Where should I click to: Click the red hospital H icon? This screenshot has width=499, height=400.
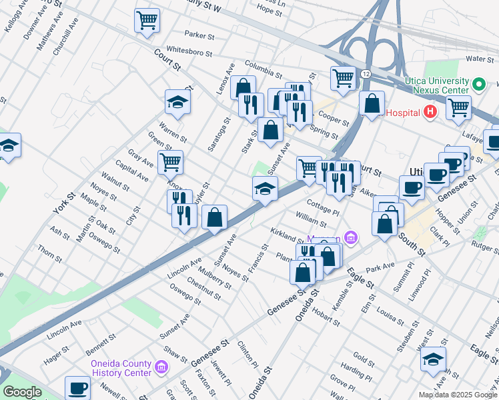click(x=430, y=111)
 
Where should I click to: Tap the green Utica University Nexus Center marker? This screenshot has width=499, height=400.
click(x=478, y=85)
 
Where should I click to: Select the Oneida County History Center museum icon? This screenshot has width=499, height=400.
click(x=161, y=367)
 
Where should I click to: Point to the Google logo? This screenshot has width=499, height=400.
click(x=22, y=392)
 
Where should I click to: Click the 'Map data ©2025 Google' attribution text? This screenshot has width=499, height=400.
click(x=458, y=395)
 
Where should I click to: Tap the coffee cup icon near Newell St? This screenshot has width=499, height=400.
click(x=77, y=387)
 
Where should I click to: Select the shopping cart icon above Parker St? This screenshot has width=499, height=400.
click(x=147, y=19)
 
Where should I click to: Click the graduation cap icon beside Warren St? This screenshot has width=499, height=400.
click(x=178, y=101)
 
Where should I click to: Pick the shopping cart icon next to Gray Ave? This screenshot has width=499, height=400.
click(x=170, y=161)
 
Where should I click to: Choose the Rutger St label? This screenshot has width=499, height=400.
click(x=485, y=247)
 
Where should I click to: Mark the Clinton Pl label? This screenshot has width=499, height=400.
click(x=247, y=354)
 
